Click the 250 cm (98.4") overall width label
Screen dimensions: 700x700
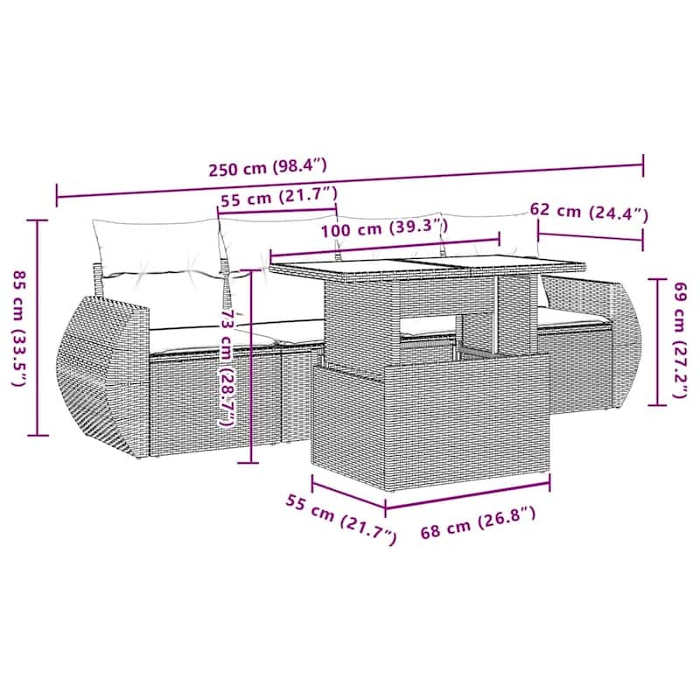coord(268,168)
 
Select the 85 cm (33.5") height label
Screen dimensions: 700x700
coord(19,328)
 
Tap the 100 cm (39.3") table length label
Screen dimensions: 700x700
coord(384,228)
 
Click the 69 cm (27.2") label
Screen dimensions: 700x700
coord(680,339)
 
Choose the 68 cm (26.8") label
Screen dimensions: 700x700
coord(478,522)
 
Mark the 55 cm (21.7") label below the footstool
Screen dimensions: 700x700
coord(341,519)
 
